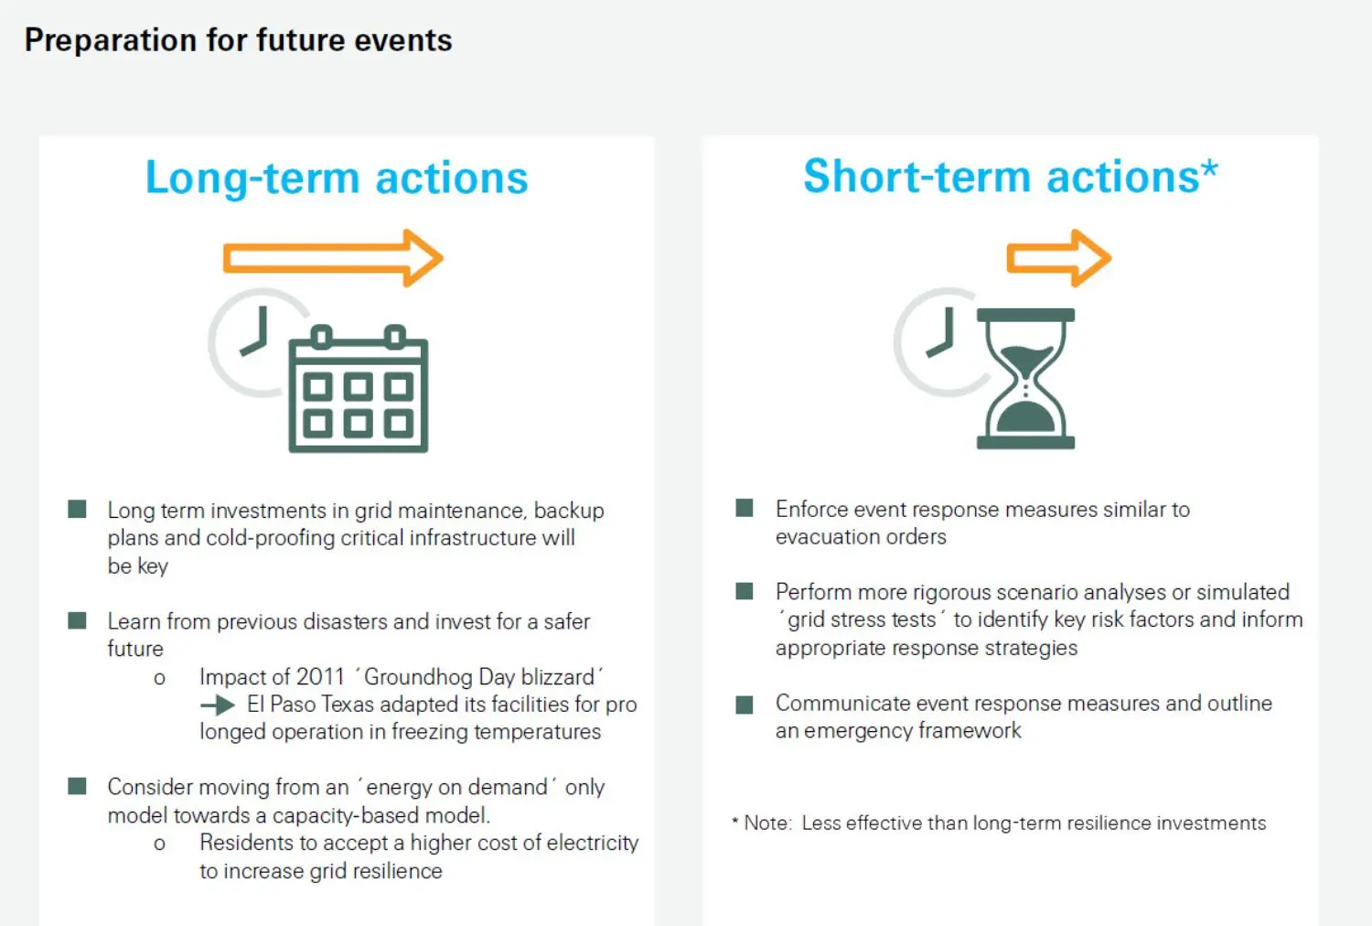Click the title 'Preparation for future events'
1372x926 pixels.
click(x=238, y=40)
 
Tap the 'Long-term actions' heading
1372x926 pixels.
click(x=337, y=178)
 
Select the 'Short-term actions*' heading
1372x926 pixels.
click(x=1012, y=177)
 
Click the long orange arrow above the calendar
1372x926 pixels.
click(x=333, y=258)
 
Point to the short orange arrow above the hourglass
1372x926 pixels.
click(x=1059, y=258)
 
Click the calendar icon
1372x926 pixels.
click(x=359, y=389)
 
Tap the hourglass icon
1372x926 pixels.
click(x=1025, y=379)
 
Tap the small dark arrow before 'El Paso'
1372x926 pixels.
click(x=218, y=705)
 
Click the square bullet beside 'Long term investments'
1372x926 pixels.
click(x=77, y=510)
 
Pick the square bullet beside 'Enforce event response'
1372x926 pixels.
click(x=745, y=508)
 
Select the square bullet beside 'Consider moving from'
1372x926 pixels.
click(x=77, y=786)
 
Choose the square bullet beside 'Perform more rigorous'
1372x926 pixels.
click(x=745, y=591)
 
